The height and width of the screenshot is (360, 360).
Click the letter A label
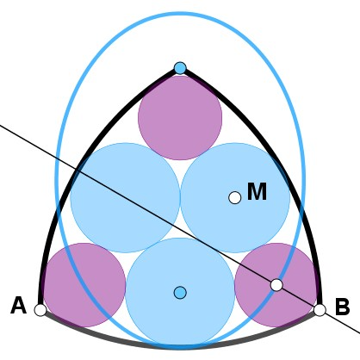pyautogui.click(x=19, y=306)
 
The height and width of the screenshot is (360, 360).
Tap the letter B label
pyautogui.click(x=342, y=307)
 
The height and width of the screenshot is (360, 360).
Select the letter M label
pyautogui.click(x=257, y=191)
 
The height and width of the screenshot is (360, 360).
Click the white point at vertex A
pyautogui.click(x=40, y=310)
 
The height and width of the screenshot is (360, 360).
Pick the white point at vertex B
pyautogui.click(x=320, y=310)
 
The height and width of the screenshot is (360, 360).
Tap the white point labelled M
pyautogui.click(x=235, y=198)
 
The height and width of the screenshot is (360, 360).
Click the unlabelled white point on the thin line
pyautogui.click(x=276, y=285)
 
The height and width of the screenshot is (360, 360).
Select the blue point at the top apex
pyautogui.click(x=180, y=68)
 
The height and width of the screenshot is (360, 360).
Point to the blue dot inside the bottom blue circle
pyautogui.click(x=180, y=293)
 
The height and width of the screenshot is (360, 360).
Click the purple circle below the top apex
pyautogui.click(x=180, y=118)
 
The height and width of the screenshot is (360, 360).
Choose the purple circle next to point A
pyautogui.click(x=84, y=285)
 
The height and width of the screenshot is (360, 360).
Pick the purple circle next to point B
pyautogui.click(x=276, y=285)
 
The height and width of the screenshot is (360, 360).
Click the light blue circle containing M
pyautogui.click(x=235, y=198)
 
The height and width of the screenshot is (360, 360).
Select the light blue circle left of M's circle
pyautogui.click(x=125, y=198)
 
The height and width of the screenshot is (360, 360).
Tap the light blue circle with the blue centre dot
pyautogui.click(x=180, y=293)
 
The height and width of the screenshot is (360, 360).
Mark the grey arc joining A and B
pyautogui.click(x=180, y=346)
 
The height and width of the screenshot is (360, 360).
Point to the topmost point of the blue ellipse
pyautogui.click(x=180, y=13)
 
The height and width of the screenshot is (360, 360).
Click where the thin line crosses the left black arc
pyautogui.click(x=77, y=170)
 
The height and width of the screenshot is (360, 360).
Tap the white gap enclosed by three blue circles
pyautogui.click(x=180, y=231)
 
